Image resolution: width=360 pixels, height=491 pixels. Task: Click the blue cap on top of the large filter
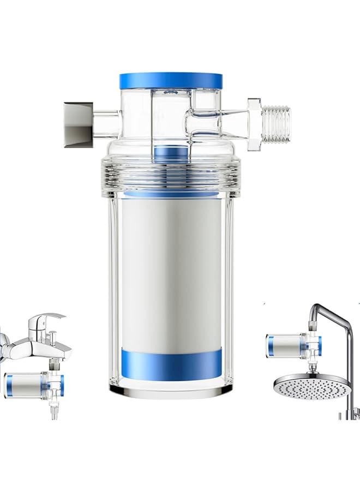click(x=171, y=80)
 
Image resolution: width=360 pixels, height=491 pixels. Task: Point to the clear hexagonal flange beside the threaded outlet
click(x=254, y=124)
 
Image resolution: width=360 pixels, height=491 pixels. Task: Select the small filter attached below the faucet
click(x=30, y=385)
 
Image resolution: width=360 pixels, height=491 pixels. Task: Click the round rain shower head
click(x=311, y=385)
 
